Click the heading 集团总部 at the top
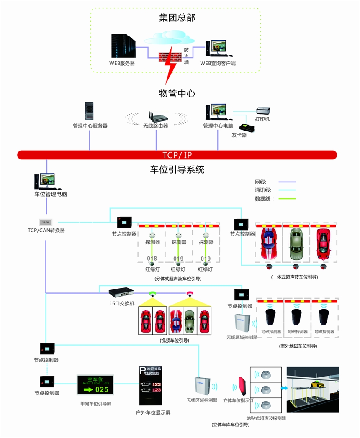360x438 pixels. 177,18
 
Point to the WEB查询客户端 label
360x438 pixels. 218,64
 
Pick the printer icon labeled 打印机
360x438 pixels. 263,111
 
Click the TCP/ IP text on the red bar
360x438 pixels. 177,155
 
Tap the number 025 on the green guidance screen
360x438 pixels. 102,389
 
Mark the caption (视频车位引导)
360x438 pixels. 175,341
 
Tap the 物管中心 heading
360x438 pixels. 177,93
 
